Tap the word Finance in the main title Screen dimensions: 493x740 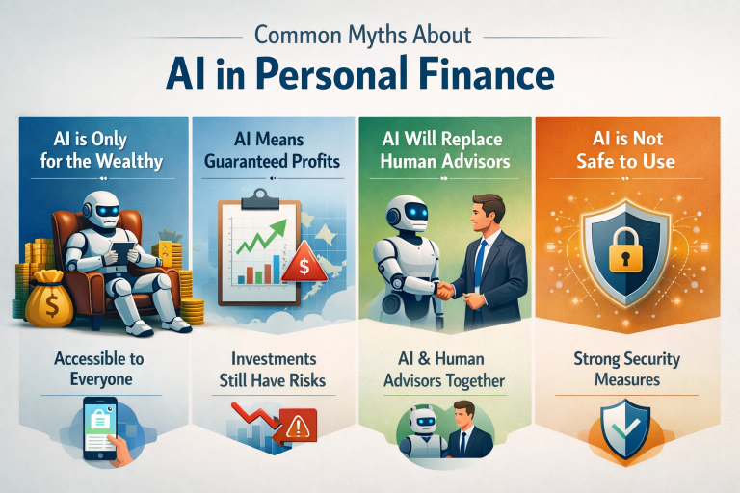pyautogui.click(x=483, y=73)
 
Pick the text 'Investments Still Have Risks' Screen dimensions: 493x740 pyautogui.click(x=271, y=369)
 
